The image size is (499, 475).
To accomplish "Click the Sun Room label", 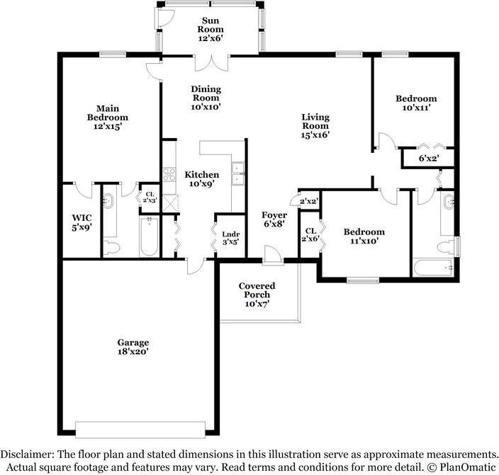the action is (x=211, y=29).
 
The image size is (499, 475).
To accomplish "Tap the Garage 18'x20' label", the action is (x=133, y=347).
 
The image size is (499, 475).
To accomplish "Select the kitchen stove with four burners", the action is (x=169, y=175).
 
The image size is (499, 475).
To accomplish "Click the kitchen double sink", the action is (x=237, y=173).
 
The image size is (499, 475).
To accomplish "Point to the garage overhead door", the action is (x=140, y=430).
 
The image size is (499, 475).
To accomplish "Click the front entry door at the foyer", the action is (x=273, y=255).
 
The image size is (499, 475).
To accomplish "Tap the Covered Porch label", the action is (x=257, y=294).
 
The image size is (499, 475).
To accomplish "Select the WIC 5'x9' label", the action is (x=82, y=222).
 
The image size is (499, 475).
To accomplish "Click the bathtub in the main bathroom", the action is (x=149, y=236).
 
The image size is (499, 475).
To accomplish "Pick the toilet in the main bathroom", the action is (x=111, y=247).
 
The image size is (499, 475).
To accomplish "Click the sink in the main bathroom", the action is (x=108, y=201).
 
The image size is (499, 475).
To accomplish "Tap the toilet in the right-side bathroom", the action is (x=445, y=247).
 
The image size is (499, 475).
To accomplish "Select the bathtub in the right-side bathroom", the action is (x=433, y=268).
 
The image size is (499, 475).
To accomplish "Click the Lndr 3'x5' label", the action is (x=231, y=238).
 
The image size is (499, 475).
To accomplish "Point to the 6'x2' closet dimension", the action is (x=429, y=158).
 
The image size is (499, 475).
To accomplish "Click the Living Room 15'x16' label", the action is (x=315, y=126).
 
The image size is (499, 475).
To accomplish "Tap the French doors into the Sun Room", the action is (x=212, y=62).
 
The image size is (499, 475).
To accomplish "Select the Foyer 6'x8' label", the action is (x=274, y=219).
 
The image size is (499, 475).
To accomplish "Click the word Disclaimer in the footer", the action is (x=27, y=454).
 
